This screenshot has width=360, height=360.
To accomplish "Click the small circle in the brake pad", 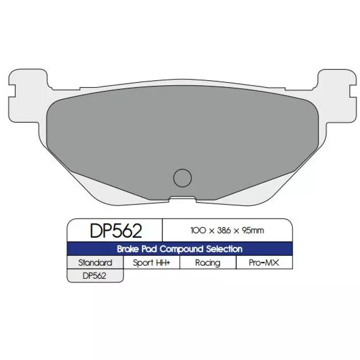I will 182,177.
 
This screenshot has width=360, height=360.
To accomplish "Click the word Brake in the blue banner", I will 129,249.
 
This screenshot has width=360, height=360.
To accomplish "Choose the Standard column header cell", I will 95,263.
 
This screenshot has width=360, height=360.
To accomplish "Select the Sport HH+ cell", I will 151,263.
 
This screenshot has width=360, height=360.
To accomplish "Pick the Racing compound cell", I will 208,263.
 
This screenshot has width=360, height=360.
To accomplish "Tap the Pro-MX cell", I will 264,263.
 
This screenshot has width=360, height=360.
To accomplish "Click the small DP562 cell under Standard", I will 95,276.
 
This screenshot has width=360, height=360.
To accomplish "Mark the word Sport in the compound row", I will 143,263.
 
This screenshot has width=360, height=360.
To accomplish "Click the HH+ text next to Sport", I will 163,263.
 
